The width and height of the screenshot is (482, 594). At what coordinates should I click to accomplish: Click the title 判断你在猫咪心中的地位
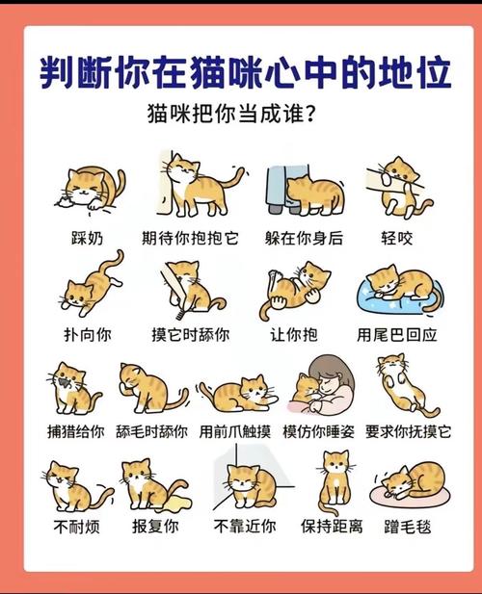(x=241, y=71)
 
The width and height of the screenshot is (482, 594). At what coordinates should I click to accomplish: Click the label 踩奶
(x=87, y=238)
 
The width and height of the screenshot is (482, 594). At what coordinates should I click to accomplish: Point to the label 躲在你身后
(x=304, y=238)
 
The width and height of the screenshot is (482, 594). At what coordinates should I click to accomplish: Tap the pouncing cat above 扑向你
(x=92, y=284)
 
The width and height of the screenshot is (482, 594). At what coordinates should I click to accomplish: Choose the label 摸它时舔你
(x=190, y=335)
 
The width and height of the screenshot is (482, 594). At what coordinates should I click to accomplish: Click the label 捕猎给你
(x=75, y=431)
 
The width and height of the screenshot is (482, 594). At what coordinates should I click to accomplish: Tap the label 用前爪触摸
(x=234, y=431)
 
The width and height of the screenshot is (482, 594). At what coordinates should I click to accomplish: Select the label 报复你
(x=155, y=527)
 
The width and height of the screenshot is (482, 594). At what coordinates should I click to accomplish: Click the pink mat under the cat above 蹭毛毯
(x=410, y=500)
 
